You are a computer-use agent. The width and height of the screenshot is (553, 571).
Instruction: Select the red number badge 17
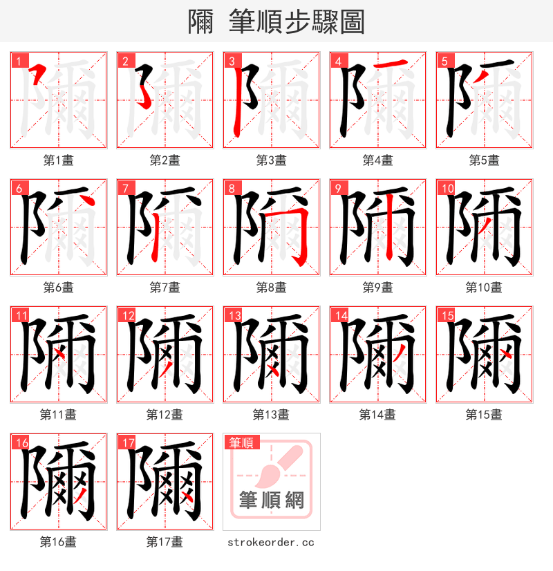[x=127, y=443]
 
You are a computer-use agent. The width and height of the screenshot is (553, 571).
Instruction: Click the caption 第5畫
[x=484, y=160]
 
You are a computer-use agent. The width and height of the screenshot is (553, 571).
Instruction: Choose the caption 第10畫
[x=484, y=288]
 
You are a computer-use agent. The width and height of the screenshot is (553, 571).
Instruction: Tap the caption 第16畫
[x=58, y=542]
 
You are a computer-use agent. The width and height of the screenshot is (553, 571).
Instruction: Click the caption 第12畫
[x=165, y=415]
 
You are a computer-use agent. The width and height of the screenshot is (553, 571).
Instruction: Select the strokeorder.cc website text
[x=271, y=542]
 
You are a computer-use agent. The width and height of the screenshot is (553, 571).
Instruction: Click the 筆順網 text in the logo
[x=271, y=499]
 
